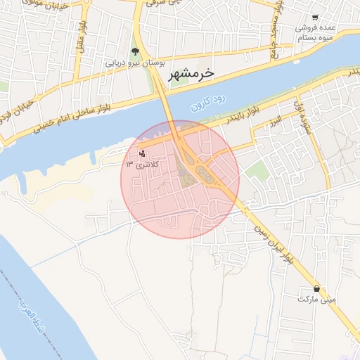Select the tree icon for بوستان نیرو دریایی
pyautogui.click(x=135, y=51)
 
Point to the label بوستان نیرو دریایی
pyautogui.click(x=135, y=63)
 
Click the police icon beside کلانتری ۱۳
pyautogui.click(x=143, y=153)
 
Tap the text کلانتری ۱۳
pyautogui.click(x=143, y=164)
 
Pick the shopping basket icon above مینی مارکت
pyautogui.click(x=316, y=288)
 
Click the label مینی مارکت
pyautogui.click(x=317, y=299)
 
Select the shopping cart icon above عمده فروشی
pyautogui.click(x=314, y=18)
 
